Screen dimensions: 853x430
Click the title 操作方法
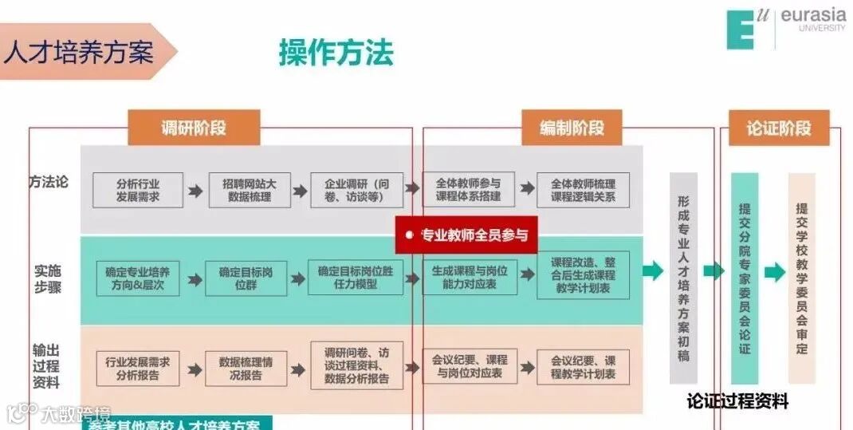tap(336, 53)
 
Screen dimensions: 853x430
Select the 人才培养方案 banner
tap(80, 52)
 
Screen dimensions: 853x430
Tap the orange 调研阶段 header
tap(194, 128)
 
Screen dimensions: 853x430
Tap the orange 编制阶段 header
tap(572, 128)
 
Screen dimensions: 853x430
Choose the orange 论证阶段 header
tap(778, 128)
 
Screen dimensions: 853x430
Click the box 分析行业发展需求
tap(138, 190)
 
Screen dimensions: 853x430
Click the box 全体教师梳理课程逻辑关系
tap(583, 190)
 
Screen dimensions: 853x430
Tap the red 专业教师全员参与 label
tap(466, 235)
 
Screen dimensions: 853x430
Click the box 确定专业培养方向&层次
tap(138, 278)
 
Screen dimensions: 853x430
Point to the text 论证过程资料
tap(737, 401)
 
